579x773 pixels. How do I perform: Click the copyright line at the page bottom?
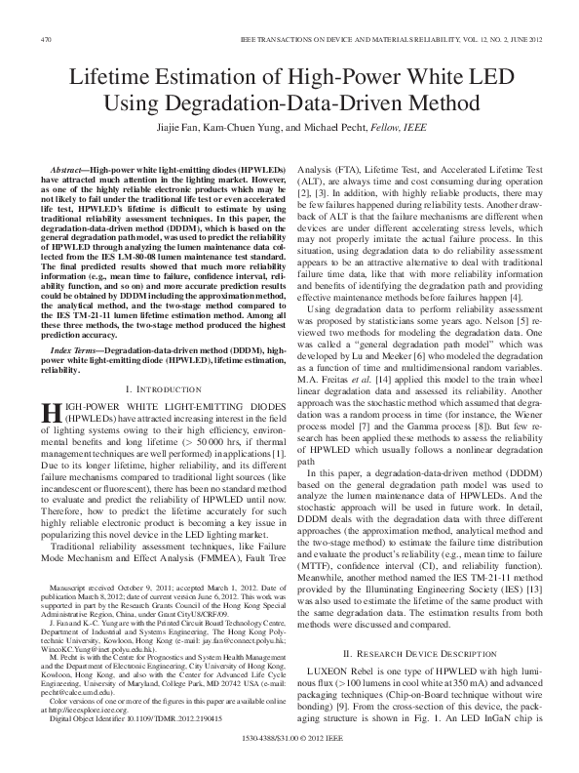click(289, 755)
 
